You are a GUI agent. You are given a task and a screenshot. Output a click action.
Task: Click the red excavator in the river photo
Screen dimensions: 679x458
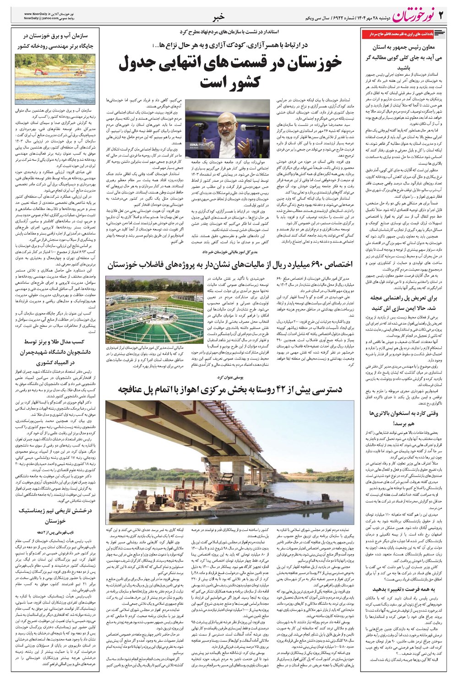tap(38, 72)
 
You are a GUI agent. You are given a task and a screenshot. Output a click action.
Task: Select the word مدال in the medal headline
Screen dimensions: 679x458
tap(65, 342)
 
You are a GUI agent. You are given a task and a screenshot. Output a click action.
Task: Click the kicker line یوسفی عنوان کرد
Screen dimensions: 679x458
tap(230, 377)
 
